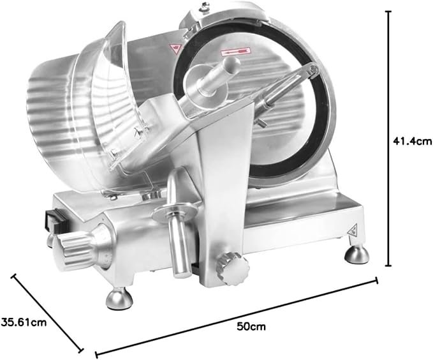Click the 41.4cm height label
[412, 141]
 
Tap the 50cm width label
[251, 327]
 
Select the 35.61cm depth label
[24, 322]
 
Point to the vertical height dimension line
[389, 139]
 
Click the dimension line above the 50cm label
[236, 317]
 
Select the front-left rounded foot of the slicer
[119, 299]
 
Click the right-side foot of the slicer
[356, 254]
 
